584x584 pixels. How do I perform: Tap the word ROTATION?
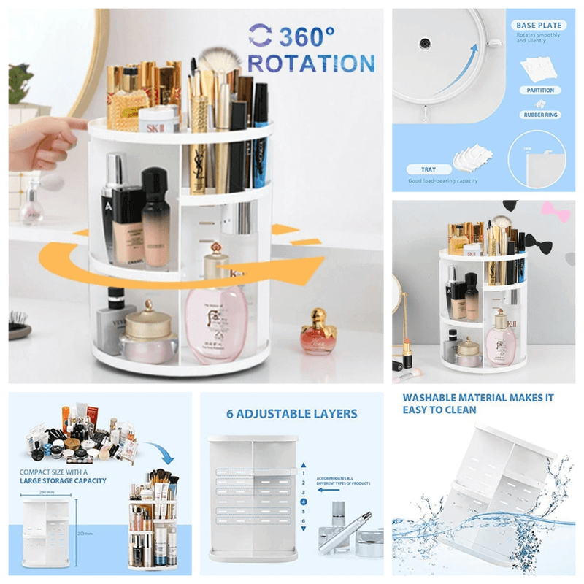pyautogui.click(x=312, y=64)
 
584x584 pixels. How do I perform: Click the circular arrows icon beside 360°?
pyautogui.click(x=259, y=35)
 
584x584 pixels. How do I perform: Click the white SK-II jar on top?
pyautogui.click(x=158, y=119)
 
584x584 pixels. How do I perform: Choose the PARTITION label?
pyautogui.click(x=540, y=91)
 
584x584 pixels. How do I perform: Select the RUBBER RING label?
pyautogui.click(x=540, y=115)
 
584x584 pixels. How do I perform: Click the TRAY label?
pyautogui.click(x=428, y=169)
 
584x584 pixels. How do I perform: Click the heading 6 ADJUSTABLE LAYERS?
pyautogui.click(x=291, y=414)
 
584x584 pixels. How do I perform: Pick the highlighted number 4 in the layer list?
pyautogui.click(x=303, y=502)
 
